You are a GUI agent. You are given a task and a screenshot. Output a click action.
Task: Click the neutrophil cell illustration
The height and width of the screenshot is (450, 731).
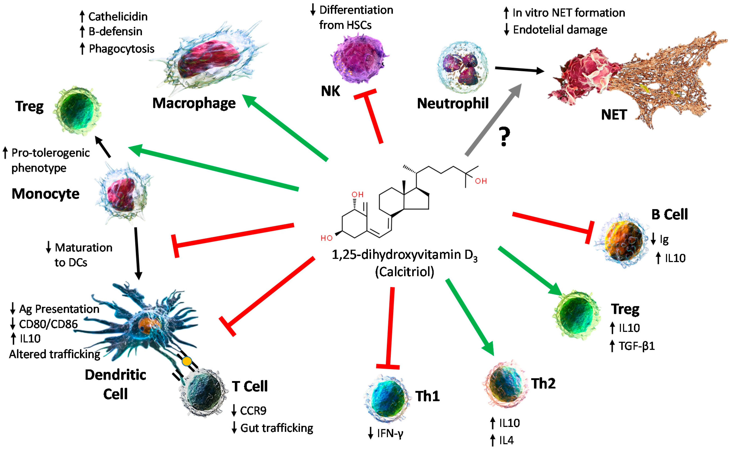462,67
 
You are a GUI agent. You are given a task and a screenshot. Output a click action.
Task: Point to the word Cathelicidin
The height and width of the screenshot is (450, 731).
118,17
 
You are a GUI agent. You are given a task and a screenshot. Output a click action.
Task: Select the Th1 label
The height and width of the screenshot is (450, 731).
427,396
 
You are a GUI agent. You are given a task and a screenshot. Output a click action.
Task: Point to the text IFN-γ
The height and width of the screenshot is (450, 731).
390,433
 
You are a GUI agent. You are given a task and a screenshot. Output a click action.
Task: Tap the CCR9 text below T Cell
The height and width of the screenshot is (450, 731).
253,411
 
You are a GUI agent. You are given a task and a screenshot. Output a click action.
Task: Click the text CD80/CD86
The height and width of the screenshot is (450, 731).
48,324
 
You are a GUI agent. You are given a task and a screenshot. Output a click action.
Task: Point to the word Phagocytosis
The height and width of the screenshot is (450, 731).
121,49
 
